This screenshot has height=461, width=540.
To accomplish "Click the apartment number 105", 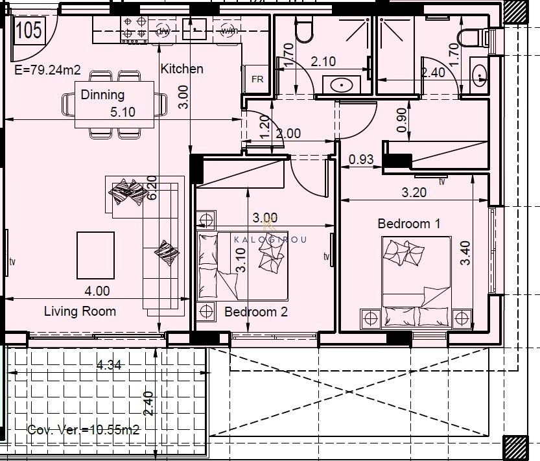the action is point(29,30).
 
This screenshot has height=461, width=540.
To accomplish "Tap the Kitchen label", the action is point(182,69).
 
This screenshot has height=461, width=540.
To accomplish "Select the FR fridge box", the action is point(257,79).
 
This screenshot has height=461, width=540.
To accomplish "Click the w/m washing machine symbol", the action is point(229,30).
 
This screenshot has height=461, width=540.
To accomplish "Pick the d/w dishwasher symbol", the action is point(163,30).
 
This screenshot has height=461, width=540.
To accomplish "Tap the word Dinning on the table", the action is point(102,95).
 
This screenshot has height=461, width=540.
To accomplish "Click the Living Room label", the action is point(80,311).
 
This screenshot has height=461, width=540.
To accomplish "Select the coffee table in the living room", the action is point(95,255).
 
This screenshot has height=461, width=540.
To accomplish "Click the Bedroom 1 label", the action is point(409,224).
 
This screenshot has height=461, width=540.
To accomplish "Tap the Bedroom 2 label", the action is point(255,312).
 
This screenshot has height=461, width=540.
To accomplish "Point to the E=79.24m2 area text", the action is point(47,70).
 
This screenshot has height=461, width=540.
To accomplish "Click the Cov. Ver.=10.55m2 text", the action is point(83,430).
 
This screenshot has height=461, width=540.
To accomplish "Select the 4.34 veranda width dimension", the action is point(109,365).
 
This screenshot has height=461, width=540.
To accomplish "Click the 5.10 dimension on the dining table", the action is point(123,112).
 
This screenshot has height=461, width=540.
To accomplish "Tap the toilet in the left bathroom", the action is point(304,30).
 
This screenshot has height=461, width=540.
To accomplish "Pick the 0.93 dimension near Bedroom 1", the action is point(361,160).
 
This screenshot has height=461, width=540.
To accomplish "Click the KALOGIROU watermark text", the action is point(270,239).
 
